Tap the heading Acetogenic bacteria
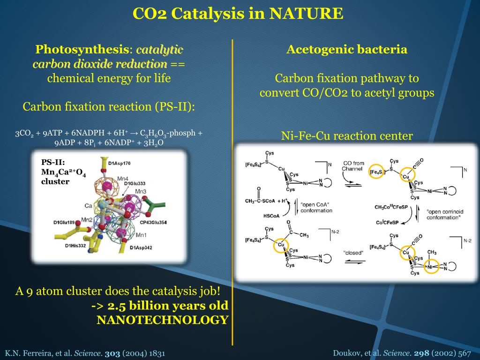point(347,49)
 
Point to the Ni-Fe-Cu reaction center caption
point(347,136)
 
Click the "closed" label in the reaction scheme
point(353,253)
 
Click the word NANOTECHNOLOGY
point(162,320)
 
